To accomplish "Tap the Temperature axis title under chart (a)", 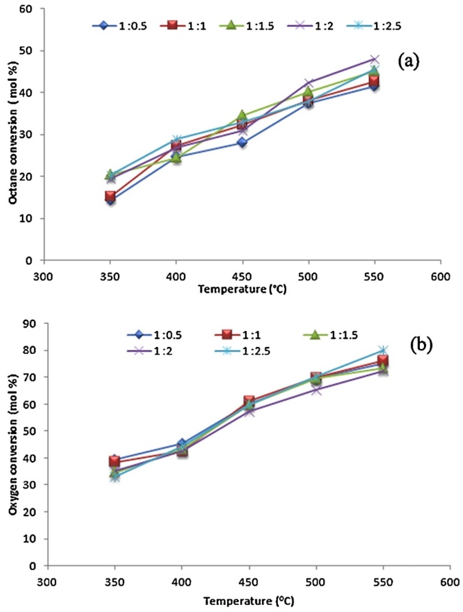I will coord(242,290).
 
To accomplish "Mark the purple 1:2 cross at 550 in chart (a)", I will coord(374,59).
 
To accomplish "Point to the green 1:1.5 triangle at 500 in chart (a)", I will coord(308,91).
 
